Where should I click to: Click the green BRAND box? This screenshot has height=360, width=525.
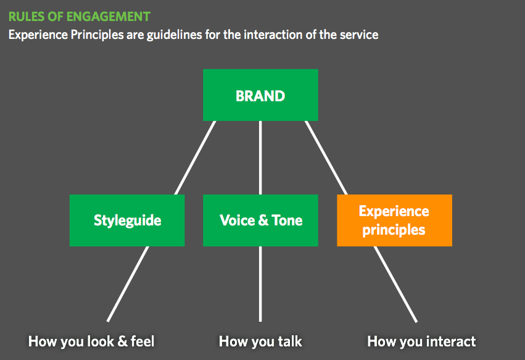coord(260,95)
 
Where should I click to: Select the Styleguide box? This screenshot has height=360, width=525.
coord(127,220)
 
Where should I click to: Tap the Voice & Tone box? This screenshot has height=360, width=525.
coord(260,220)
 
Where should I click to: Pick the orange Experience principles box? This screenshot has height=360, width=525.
coord(394,220)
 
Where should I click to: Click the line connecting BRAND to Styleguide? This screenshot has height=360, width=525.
coord(195,157)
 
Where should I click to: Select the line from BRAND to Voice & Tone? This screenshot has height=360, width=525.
coord(260,157)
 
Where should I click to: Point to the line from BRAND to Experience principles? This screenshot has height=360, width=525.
coord(326,157)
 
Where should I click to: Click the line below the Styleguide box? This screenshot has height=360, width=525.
coord(128,284)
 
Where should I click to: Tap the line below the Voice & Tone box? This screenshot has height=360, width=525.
coord(260,284)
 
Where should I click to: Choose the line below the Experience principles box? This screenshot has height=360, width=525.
coord(395,284)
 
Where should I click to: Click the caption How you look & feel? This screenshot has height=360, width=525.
coord(91,341)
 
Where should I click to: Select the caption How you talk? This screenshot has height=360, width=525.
coord(260,341)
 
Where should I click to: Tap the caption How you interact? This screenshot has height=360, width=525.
coord(421,341)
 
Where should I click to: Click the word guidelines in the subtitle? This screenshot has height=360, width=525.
coord(175,35)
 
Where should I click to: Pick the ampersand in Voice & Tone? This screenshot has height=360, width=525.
coord(263,220)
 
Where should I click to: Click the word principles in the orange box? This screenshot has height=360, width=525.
coord(394,230)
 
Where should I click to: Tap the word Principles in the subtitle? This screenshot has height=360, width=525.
coord(97,35)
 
